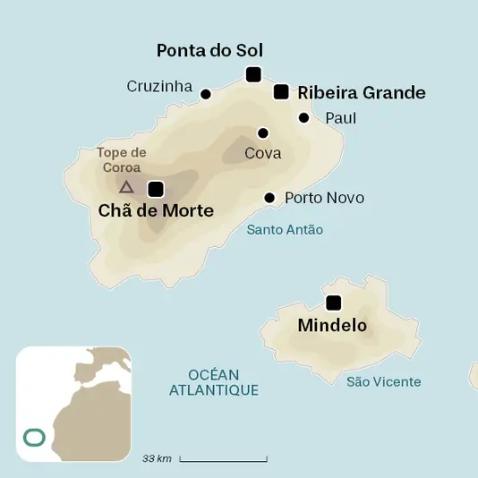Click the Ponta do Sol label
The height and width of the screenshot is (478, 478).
tap(209, 50)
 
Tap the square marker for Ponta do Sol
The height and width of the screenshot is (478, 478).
tap(253, 74)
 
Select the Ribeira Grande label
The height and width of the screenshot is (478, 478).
tap(362, 92)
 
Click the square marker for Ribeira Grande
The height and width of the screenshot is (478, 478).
tap(281, 91)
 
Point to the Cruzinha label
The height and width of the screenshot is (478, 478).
tap(159, 87)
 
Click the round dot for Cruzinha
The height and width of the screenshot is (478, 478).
tap(205, 94)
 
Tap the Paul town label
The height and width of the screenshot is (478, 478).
tap(341, 118)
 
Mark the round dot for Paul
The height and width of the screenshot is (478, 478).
tap(304, 118)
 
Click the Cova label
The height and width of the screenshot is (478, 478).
tap(263, 153)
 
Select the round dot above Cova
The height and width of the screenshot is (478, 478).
tap(262, 132)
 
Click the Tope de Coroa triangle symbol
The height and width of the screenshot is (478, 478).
tap(126, 187)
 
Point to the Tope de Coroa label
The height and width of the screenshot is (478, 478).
tap(122, 160)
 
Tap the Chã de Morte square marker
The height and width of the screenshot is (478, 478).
tap(156, 189)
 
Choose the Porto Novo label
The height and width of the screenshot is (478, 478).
tap(324, 198)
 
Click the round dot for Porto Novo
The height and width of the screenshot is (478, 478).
tap(269, 198)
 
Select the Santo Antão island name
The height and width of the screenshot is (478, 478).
tap(285, 230)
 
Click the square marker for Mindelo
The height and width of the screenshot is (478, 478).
tap(334, 303)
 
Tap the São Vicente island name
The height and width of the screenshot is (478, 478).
tap(383, 382)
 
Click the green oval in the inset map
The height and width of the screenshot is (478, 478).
tap(34, 438)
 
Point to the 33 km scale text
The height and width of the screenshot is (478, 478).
tap(157, 459)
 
